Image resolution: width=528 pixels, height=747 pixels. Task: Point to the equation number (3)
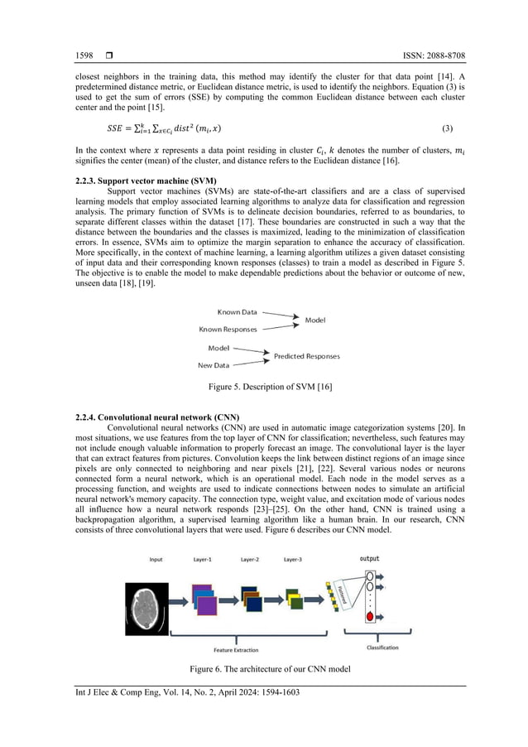point(448,128)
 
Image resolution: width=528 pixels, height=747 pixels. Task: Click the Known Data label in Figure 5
point(237,312)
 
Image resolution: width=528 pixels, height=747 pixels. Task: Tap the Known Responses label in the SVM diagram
point(228,330)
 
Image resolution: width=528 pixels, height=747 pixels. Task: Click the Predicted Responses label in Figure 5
point(306,356)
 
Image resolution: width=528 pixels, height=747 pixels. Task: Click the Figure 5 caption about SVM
point(264,386)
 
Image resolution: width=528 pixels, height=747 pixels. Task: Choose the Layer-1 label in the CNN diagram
point(203,560)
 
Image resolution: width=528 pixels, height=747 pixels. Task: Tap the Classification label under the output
point(382,648)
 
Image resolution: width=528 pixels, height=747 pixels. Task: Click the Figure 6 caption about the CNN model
point(264,667)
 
